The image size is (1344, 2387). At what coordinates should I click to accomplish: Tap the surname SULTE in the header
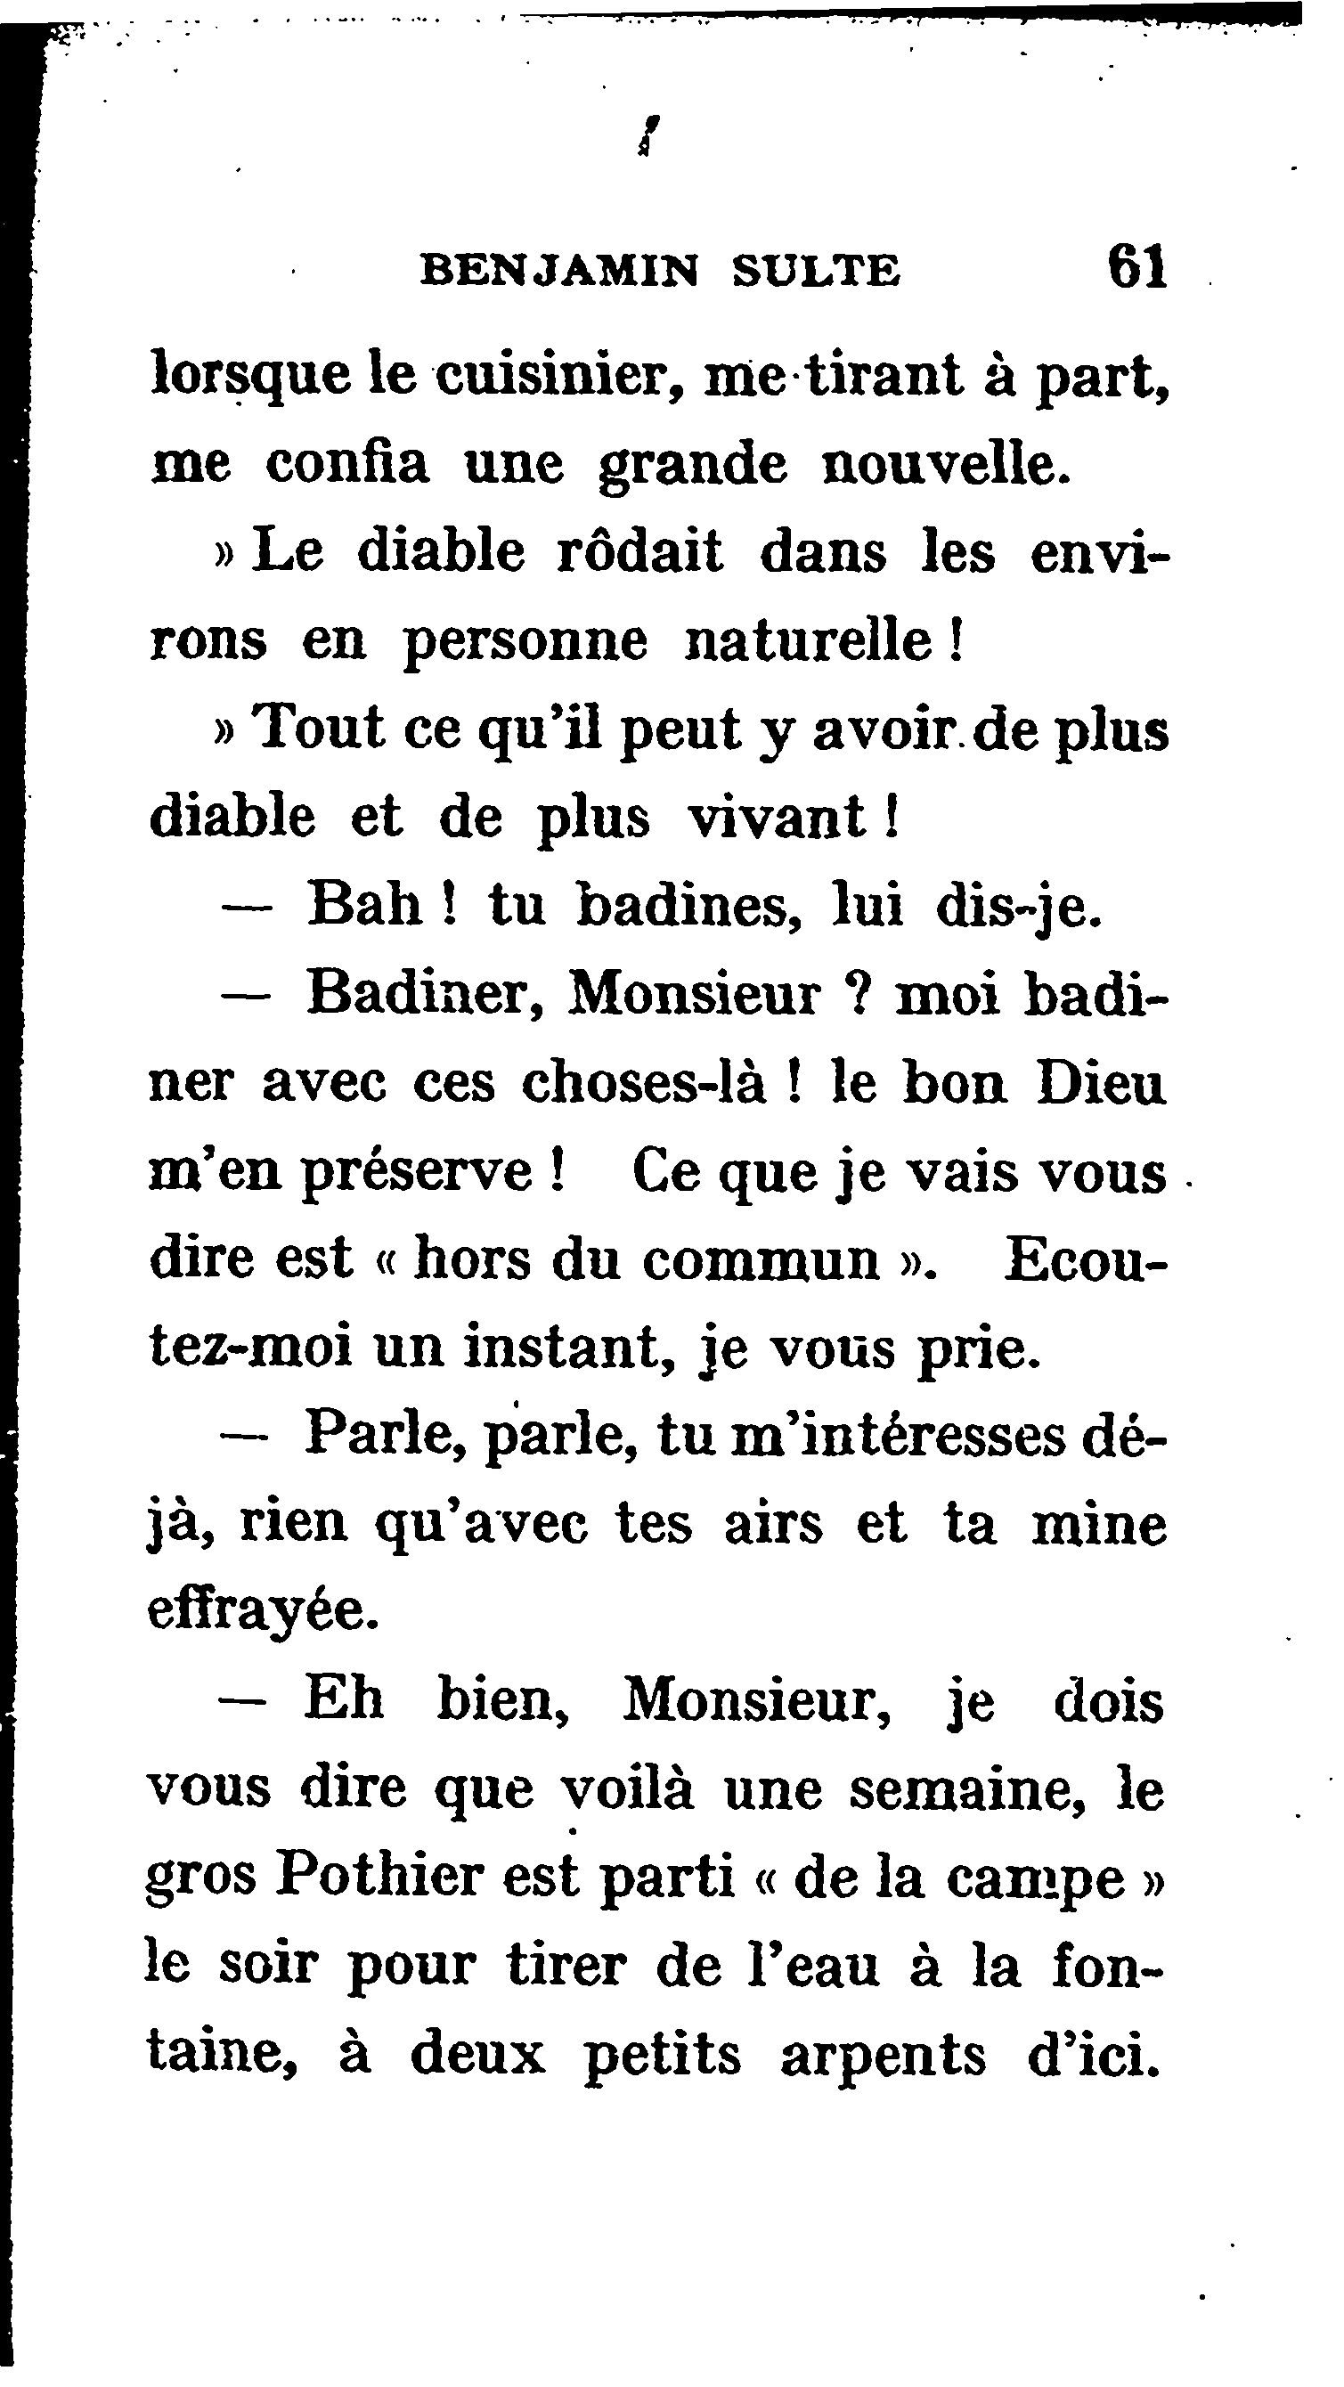tap(816, 272)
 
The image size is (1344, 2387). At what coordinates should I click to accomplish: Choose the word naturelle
tap(807, 640)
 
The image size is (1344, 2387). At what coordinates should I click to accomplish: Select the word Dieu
tap(1099, 1083)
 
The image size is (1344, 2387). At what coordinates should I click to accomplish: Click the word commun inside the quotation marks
tap(761, 1261)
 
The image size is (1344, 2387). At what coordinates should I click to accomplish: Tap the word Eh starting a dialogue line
tap(343, 1701)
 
